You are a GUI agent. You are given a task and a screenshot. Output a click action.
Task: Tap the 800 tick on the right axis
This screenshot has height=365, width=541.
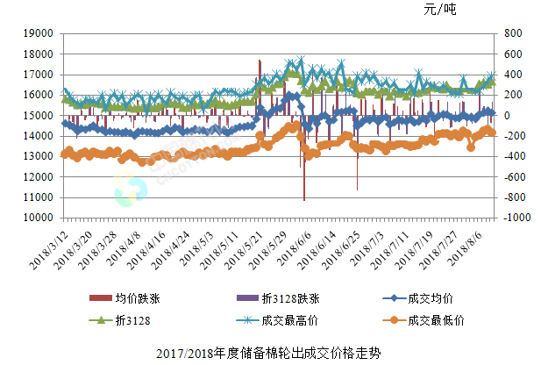click(511, 33)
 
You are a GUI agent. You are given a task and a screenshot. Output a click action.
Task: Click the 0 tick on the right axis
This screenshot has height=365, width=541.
click(505, 115)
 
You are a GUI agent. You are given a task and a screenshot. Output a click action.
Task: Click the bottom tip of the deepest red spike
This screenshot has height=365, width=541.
click(304, 200)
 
